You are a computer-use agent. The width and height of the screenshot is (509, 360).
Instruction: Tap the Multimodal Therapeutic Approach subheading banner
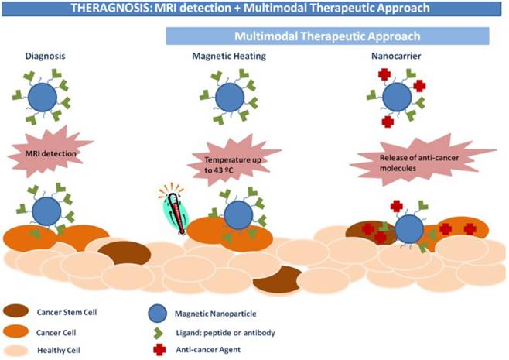tap(328, 36)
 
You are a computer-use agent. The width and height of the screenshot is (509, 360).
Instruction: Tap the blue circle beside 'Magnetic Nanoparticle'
tap(159, 314)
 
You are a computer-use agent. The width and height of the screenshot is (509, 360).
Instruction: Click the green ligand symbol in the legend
tap(159, 332)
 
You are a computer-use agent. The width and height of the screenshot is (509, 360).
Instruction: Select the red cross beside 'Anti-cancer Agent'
tap(159, 350)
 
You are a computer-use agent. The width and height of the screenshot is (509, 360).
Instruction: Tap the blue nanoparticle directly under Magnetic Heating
tap(229, 98)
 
